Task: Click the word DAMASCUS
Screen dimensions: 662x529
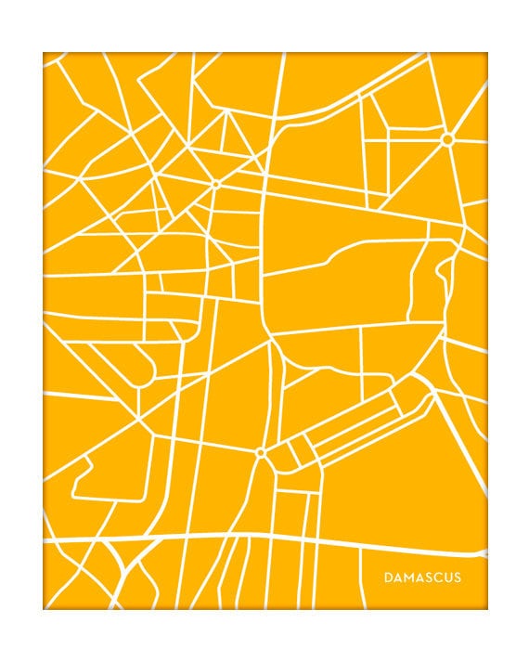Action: (x=422, y=578)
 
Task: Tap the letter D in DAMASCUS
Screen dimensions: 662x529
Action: (x=388, y=578)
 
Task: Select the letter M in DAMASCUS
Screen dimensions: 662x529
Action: (x=408, y=578)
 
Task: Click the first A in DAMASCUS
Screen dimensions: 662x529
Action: (x=397, y=578)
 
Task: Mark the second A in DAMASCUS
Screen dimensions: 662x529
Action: (x=419, y=578)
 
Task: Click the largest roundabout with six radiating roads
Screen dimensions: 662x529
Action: (x=446, y=139)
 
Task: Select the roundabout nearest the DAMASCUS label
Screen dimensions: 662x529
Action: (x=260, y=453)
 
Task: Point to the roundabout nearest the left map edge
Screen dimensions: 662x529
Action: (x=215, y=184)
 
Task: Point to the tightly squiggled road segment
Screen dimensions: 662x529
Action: (x=436, y=279)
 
